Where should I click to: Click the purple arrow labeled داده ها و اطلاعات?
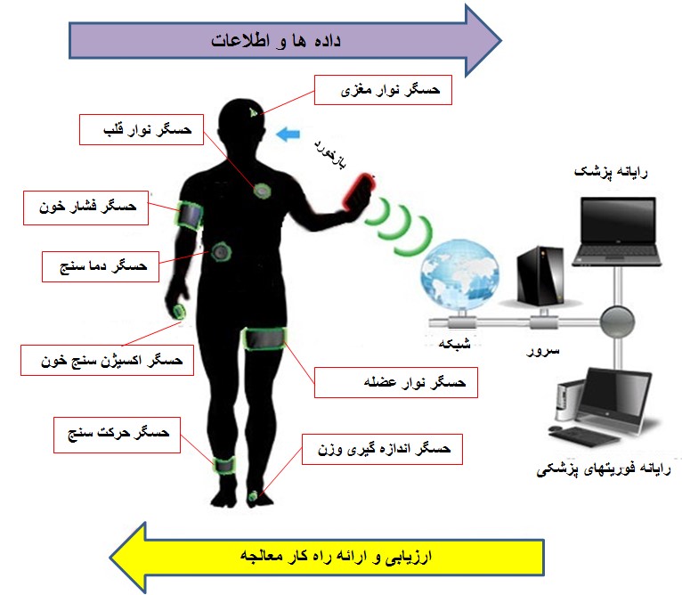click(x=285, y=40)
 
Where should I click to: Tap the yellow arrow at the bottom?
click(x=327, y=557)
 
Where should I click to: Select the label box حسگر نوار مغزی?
click(x=383, y=90)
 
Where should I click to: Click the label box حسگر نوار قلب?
click(x=142, y=130)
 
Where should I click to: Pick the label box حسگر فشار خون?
click(x=86, y=208)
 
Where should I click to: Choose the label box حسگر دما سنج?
click(x=101, y=266)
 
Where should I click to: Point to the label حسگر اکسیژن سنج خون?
click(x=108, y=360)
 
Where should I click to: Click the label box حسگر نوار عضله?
click(x=396, y=383)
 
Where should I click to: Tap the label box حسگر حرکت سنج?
click(x=117, y=435)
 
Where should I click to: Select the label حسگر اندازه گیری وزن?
click(x=382, y=449)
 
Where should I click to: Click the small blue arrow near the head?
click(x=288, y=134)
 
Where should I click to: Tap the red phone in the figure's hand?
click(x=359, y=192)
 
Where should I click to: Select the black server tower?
click(x=540, y=275)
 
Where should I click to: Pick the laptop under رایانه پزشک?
click(x=618, y=232)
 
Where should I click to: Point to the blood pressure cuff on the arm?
click(x=190, y=214)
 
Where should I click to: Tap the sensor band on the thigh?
click(x=264, y=338)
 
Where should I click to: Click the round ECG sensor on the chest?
click(x=263, y=191)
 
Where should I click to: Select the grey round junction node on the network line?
click(x=617, y=322)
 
